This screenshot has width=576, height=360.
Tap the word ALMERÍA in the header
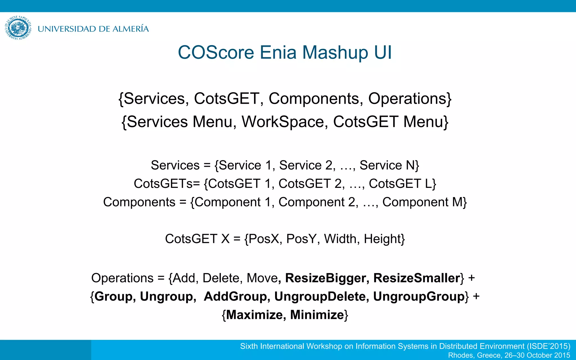coord(130,29)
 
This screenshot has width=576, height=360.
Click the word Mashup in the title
coord(335,53)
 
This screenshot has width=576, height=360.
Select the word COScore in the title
coord(216,53)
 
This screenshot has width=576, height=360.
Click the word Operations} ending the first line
coord(410,99)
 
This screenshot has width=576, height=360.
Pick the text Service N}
coord(389,165)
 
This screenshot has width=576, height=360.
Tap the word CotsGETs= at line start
coord(167,184)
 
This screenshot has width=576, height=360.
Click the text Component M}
coord(424,202)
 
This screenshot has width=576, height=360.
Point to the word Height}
coord(384,239)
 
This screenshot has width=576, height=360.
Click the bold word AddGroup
coord(235,297)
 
